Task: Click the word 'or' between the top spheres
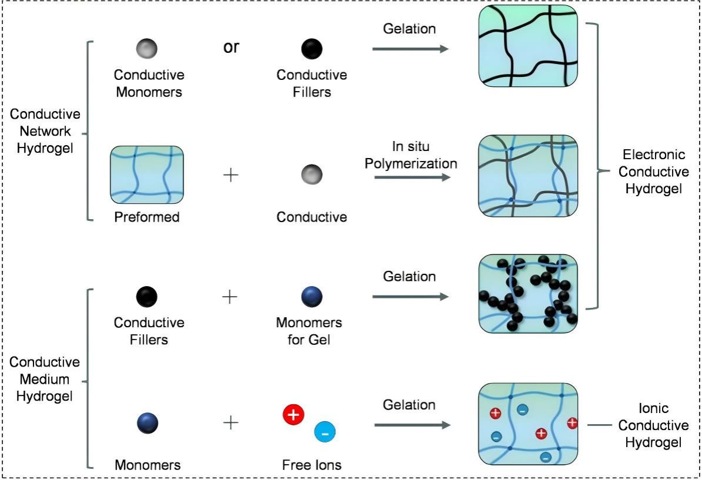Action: point(231,48)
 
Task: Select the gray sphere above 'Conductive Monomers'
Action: point(146,49)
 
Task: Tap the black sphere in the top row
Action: point(312,49)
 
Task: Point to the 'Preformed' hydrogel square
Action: point(147,174)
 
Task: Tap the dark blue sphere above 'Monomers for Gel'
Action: point(312,296)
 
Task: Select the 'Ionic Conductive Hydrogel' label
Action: point(653,425)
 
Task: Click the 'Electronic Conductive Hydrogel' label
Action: point(653,172)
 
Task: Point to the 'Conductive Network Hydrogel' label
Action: point(45,131)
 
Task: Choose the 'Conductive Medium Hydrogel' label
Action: point(45,379)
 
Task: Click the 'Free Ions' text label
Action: point(312,465)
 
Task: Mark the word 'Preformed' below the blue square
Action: point(147,217)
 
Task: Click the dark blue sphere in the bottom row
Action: point(147,423)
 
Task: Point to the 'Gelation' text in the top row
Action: point(410,28)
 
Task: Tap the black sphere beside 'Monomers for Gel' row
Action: point(147,296)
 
